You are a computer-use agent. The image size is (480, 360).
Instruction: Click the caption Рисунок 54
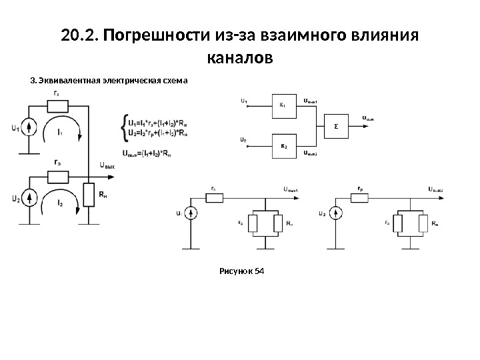tap(241, 271)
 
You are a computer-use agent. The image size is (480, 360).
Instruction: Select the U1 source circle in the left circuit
tap(29, 127)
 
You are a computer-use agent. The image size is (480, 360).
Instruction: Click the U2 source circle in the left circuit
tap(29, 199)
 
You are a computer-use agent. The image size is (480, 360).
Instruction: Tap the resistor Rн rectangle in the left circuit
tap(89, 195)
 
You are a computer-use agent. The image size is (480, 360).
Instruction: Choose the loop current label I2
tap(61, 202)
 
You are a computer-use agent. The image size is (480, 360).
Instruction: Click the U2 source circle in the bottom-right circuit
tap(337, 213)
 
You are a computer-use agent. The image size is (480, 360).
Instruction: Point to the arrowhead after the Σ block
tap(380, 123)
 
